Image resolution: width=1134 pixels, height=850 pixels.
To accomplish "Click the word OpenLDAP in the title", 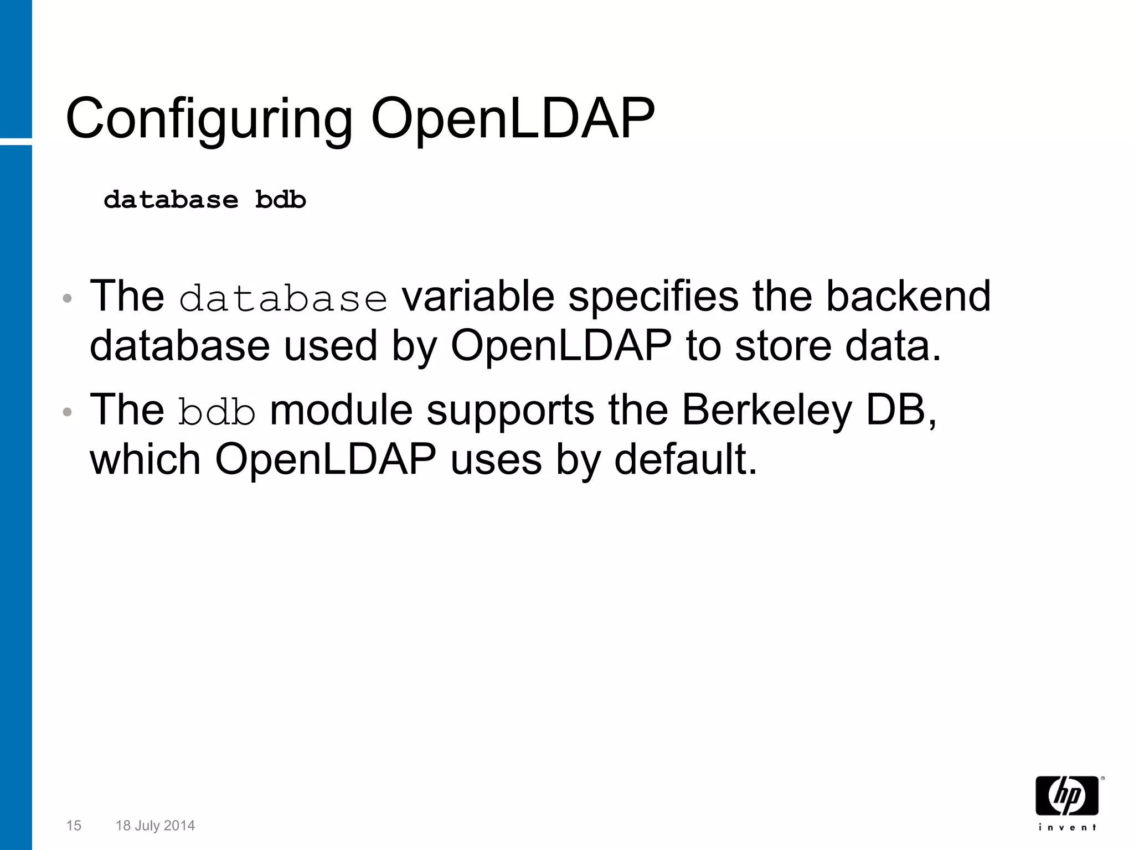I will [512, 120].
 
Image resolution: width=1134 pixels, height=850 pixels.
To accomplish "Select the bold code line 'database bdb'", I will [204, 200].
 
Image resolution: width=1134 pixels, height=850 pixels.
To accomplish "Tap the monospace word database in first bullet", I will [283, 299].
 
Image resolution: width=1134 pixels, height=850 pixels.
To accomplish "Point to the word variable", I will [478, 297].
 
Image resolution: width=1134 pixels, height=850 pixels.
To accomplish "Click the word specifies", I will [653, 297].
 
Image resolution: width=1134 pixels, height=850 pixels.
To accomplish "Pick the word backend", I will [908, 297].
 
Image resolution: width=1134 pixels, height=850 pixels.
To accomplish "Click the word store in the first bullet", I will [783, 346].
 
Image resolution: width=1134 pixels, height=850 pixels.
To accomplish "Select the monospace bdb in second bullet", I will [217, 412].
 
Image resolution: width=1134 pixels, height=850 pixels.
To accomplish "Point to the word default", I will [685, 459].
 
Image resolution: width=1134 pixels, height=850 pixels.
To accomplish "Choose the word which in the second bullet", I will [145, 459].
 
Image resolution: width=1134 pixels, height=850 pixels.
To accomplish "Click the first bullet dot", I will [67, 299].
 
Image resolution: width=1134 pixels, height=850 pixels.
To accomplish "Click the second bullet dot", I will [67, 412].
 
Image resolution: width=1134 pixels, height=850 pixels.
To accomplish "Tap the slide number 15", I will [74, 826].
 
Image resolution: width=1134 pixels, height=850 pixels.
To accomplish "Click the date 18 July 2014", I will [155, 826].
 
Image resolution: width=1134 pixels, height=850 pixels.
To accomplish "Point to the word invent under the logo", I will [1067, 828].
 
